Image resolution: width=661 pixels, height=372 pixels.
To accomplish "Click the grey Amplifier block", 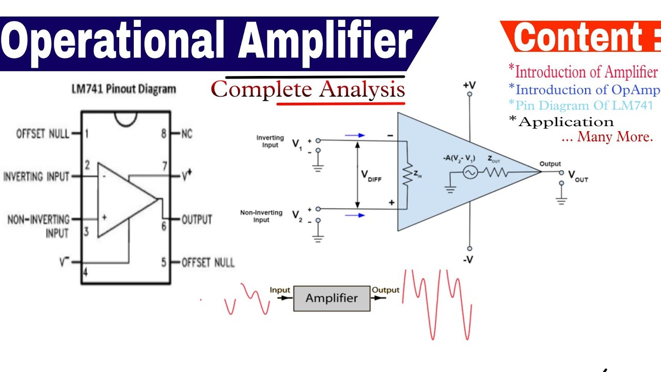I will (332, 298).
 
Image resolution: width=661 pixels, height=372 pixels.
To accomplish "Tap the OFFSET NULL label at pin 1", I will (43, 134).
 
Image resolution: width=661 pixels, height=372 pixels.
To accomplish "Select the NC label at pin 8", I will (186, 134).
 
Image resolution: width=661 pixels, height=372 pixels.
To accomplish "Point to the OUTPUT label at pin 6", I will (197, 220).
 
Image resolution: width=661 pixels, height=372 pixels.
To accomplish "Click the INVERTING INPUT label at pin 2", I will (36, 177).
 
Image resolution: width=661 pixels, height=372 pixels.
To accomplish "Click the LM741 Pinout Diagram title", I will (123, 89).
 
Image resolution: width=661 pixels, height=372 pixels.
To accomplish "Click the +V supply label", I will (469, 84).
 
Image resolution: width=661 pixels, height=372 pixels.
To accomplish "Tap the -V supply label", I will (468, 259).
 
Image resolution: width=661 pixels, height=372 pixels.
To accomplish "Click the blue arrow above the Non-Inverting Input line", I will (355, 215).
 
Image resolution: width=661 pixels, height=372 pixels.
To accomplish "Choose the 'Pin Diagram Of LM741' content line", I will (580, 105).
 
